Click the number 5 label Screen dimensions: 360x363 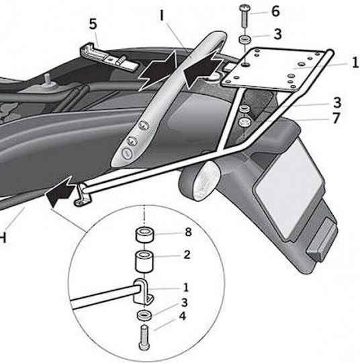click(x=93, y=24)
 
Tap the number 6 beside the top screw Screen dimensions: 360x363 click(x=275, y=11)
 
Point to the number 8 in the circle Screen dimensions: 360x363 click(x=188, y=232)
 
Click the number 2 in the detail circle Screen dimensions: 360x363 click(x=187, y=255)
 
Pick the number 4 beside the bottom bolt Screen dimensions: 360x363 click(x=183, y=316)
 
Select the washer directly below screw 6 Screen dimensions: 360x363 click(x=245, y=39)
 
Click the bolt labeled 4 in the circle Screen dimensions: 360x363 click(x=144, y=337)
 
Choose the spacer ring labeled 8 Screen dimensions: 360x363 click(x=144, y=235)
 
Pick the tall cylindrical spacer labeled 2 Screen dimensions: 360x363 click(x=144, y=261)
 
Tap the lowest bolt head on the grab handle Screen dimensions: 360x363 click(x=127, y=153)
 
